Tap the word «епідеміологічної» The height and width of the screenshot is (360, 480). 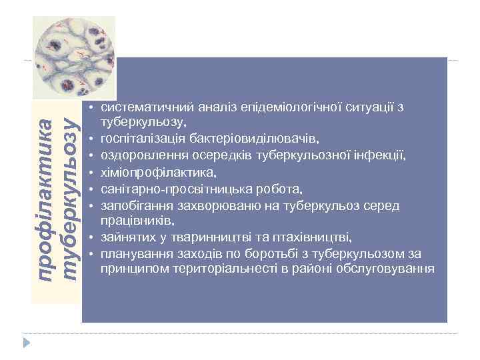coord(265,107)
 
